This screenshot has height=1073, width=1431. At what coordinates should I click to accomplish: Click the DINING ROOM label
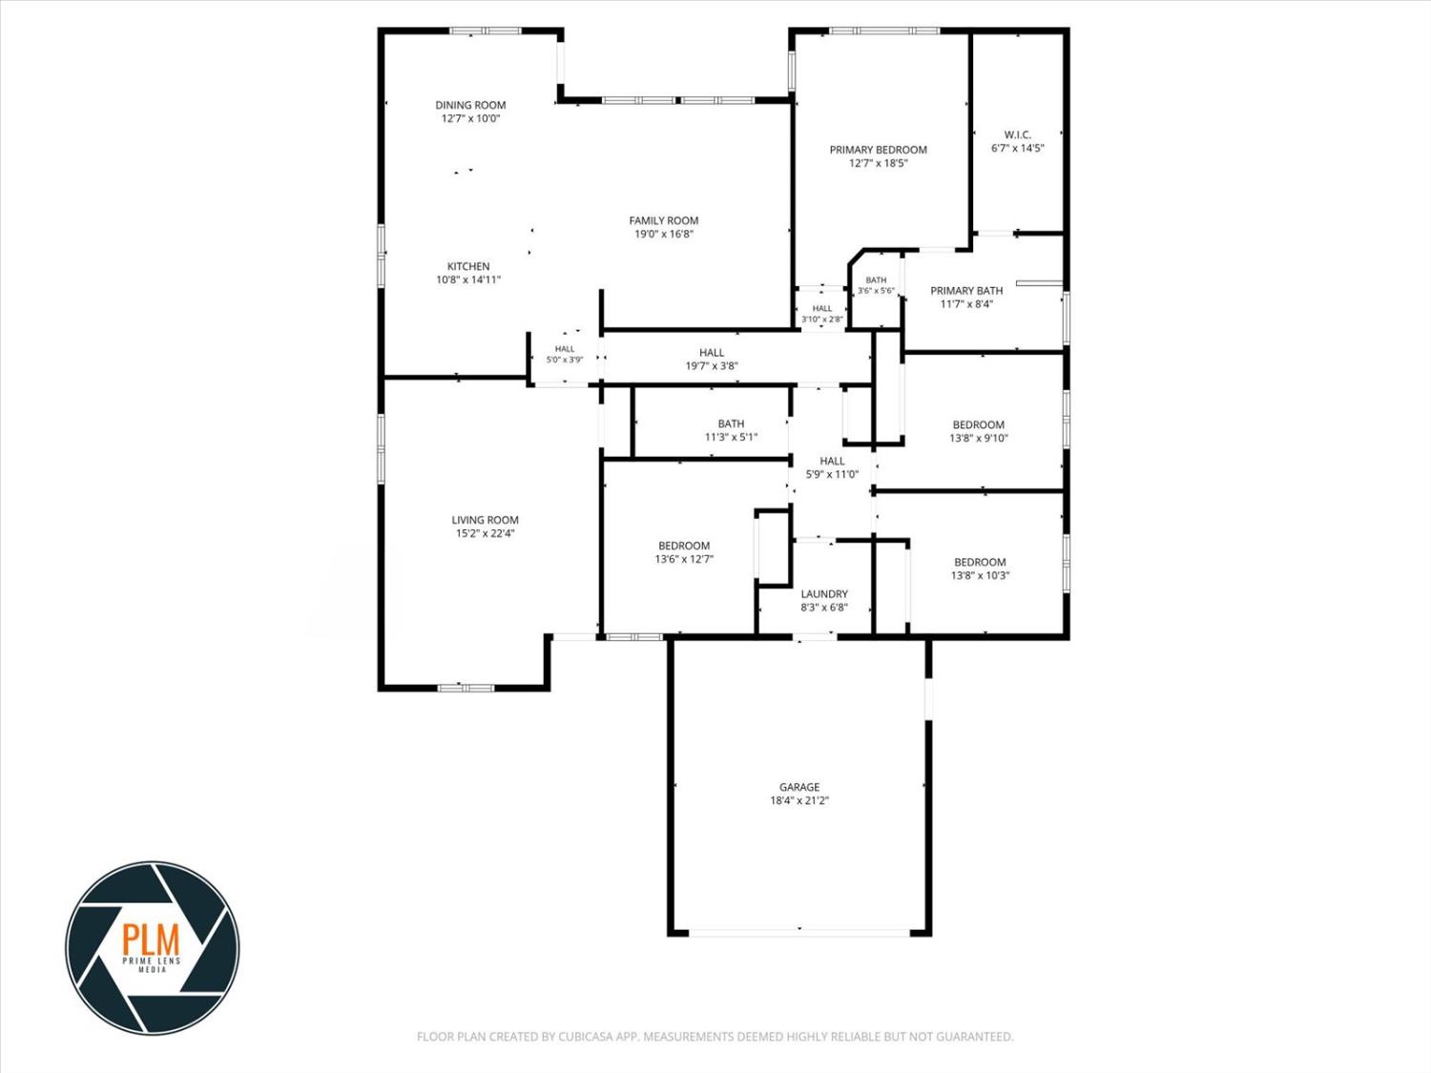click(470, 105)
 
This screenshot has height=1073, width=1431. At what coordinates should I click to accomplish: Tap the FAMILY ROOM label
click(664, 221)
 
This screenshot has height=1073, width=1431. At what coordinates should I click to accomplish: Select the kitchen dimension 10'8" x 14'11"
click(468, 280)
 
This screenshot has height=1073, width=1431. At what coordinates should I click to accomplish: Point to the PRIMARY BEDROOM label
click(879, 150)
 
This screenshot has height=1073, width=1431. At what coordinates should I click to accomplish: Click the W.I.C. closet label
click(1018, 134)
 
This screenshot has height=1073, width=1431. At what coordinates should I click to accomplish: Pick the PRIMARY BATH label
click(966, 291)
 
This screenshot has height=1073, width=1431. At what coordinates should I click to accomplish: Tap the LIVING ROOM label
click(485, 520)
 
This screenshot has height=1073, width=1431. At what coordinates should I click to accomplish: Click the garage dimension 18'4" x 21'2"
click(799, 800)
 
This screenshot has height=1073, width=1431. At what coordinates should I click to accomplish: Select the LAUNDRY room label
click(824, 594)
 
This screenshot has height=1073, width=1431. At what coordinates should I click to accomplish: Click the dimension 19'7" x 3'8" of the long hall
click(712, 366)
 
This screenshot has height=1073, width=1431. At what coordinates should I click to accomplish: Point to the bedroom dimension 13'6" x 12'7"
click(684, 559)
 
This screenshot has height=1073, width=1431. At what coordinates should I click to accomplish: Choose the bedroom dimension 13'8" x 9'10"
click(979, 439)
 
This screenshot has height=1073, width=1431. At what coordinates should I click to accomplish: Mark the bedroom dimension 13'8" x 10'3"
click(980, 575)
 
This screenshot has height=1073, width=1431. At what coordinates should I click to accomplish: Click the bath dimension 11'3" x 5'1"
click(731, 437)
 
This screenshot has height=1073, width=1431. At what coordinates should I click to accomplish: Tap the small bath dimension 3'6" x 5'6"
click(876, 291)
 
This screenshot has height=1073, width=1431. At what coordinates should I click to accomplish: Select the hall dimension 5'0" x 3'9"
click(565, 360)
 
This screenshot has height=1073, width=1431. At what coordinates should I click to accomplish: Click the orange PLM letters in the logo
click(152, 939)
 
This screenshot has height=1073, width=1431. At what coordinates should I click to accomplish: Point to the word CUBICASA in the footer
click(585, 1037)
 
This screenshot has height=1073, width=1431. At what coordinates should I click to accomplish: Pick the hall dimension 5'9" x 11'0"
click(832, 474)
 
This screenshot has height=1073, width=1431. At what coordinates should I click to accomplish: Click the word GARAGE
click(799, 787)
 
